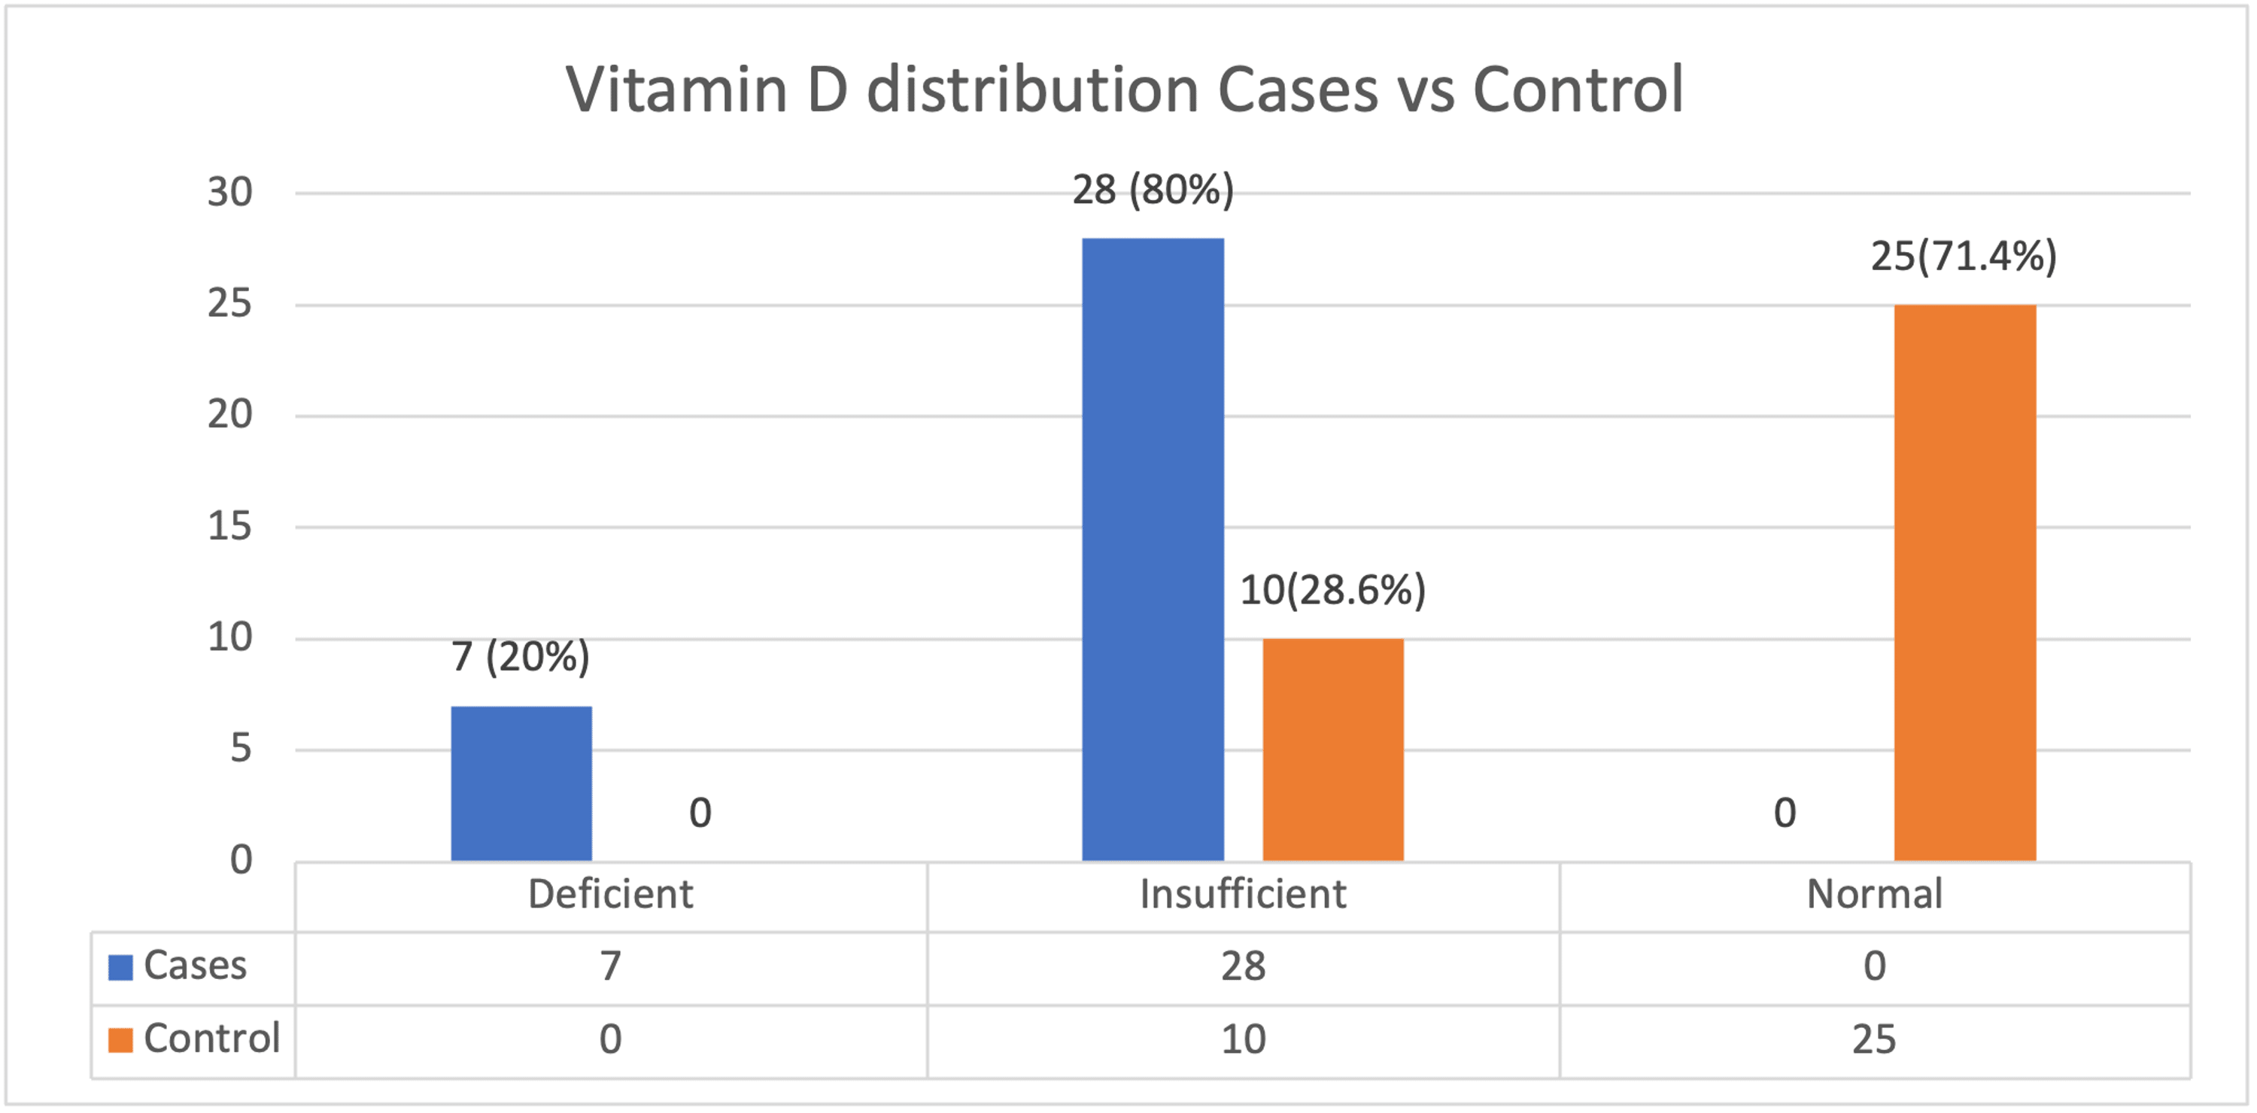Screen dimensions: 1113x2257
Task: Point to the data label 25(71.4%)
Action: (x=1964, y=256)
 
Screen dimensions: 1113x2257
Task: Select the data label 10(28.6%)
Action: (x=1332, y=590)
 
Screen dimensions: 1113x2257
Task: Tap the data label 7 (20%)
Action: (x=521, y=656)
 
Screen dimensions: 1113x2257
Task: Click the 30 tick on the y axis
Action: (x=229, y=192)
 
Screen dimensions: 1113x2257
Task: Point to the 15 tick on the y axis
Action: (x=229, y=526)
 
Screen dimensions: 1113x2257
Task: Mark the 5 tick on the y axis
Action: (x=240, y=749)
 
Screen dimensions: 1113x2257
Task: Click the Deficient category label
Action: (x=610, y=895)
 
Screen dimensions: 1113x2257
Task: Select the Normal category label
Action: (x=1874, y=895)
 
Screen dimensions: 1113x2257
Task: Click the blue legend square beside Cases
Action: (x=120, y=968)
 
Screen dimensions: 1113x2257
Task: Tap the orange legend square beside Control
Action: (x=120, y=1040)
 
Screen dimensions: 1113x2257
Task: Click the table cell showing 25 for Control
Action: (x=1874, y=1040)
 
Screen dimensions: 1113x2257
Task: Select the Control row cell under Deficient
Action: (x=610, y=1040)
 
